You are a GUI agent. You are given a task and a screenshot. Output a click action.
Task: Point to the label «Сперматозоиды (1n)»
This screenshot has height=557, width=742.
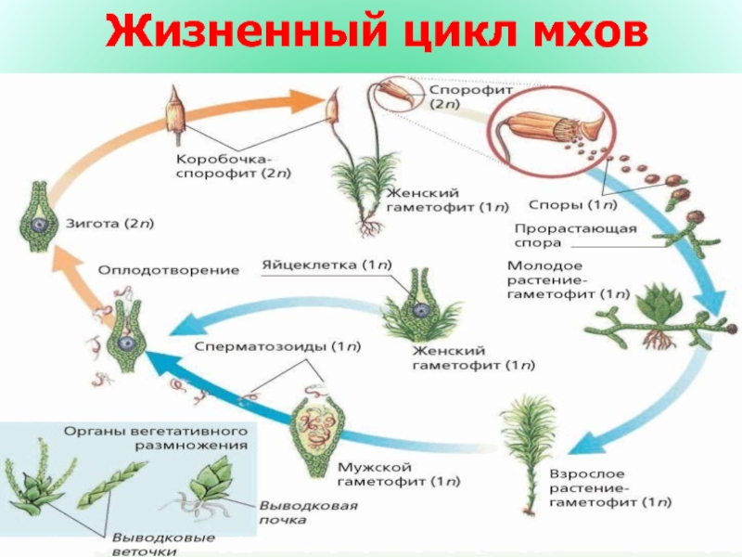pyautogui.click(x=278, y=346)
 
